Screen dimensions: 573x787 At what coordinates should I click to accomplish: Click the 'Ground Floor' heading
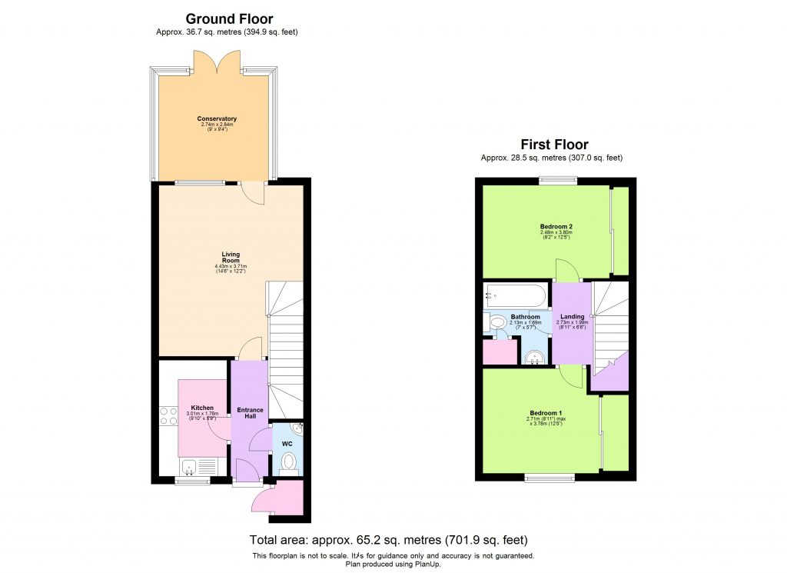pos(229,19)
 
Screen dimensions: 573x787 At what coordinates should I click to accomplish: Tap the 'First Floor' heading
pos(554,145)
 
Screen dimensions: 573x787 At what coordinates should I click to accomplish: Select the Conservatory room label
pos(217,118)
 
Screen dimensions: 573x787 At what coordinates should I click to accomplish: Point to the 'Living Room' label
pos(231,257)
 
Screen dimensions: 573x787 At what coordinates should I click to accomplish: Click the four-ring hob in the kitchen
pos(168,416)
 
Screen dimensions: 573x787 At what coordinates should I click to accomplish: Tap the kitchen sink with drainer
pos(198,465)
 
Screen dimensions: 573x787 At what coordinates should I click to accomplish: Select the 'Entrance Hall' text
pos(250,413)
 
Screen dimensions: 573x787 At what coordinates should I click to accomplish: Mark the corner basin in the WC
pos(298,428)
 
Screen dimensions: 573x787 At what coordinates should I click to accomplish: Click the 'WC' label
pos(287,444)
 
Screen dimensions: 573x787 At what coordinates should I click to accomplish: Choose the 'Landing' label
pos(572,316)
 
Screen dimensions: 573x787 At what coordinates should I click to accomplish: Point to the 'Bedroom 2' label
pos(556,227)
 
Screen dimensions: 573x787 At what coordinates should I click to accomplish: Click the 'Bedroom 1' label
pos(541,413)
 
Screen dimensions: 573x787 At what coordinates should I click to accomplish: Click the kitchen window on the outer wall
pos(191,481)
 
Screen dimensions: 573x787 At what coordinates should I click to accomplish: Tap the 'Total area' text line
pos(388,540)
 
